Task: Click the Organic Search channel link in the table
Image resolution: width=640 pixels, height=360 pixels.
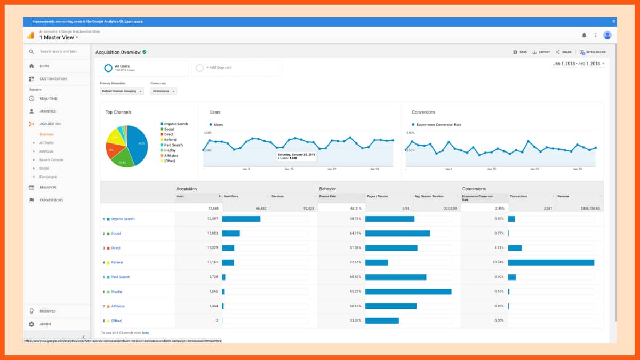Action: (123, 219)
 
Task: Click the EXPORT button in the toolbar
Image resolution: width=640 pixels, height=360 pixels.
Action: (541, 52)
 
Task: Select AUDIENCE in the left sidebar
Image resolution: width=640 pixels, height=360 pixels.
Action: (47, 111)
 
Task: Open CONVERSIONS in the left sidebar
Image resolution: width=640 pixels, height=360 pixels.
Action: (51, 200)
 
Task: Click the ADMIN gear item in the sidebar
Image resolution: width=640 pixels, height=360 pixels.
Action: (45, 324)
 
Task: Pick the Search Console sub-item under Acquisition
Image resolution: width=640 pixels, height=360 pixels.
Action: (51, 160)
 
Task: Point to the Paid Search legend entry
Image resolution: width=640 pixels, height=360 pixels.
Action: (173, 145)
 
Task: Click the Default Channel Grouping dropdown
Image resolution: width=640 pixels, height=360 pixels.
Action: (122, 91)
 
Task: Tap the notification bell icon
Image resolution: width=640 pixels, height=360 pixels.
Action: (584, 35)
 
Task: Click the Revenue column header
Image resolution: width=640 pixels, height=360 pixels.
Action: (563, 196)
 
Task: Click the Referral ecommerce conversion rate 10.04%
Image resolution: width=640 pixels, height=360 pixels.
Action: (497, 262)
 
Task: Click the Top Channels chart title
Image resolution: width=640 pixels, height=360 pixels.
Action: (118, 113)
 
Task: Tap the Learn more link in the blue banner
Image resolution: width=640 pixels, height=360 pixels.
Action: (133, 21)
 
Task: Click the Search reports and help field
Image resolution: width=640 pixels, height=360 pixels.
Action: (58, 52)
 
